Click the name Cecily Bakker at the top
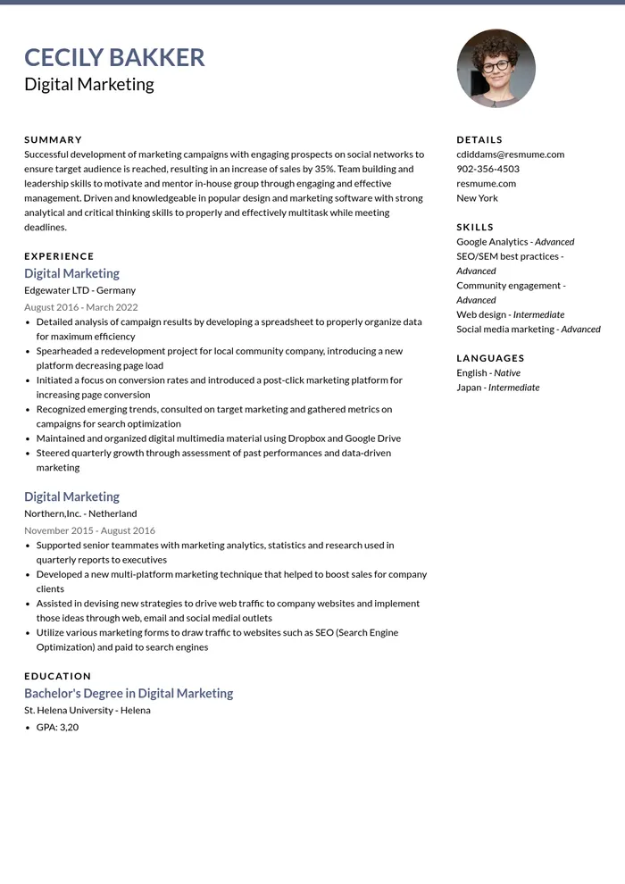coord(114,57)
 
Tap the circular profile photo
coord(496,69)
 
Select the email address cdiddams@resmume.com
coord(510,154)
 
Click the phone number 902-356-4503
coord(487,169)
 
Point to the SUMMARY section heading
coord(53,140)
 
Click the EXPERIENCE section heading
coord(59,256)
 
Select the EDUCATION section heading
coord(57,676)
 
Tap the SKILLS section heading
coord(475,227)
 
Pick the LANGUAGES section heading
coord(490,358)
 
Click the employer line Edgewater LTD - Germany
coord(79,290)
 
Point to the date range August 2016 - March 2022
coord(80,307)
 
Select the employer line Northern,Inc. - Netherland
coord(80,513)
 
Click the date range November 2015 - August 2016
coord(89,530)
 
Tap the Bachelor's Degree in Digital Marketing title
coord(129,693)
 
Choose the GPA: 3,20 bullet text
coord(57,727)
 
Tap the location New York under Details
coord(477,198)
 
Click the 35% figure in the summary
coord(324,169)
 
